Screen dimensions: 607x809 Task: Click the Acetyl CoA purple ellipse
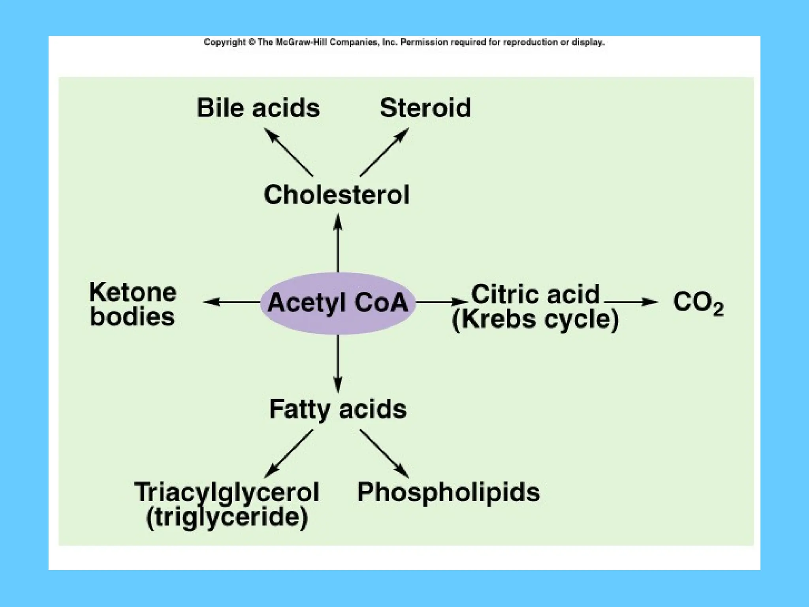click(338, 303)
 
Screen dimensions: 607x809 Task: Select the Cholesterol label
click(337, 195)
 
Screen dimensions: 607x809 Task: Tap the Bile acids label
click(258, 108)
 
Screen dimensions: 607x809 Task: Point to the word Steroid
click(425, 108)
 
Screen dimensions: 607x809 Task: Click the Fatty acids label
click(338, 409)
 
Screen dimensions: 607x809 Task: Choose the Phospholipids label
click(448, 492)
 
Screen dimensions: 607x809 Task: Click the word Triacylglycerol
click(227, 492)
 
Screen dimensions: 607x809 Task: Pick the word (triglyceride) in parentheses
click(227, 517)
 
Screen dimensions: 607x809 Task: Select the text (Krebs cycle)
click(535, 319)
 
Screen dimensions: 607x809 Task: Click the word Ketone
click(133, 292)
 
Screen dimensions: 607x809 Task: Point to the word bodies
click(132, 317)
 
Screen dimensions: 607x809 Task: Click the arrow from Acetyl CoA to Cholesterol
click(338, 243)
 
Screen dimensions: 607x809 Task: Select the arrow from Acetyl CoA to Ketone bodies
click(232, 302)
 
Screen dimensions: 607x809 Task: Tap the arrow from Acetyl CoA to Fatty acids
click(338, 364)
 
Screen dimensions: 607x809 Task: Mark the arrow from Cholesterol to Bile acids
click(289, 153)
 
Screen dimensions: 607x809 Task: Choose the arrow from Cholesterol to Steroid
click(384, 153)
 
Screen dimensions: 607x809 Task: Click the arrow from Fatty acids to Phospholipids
click(384, 453)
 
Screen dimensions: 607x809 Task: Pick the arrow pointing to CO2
click(631, 302)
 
